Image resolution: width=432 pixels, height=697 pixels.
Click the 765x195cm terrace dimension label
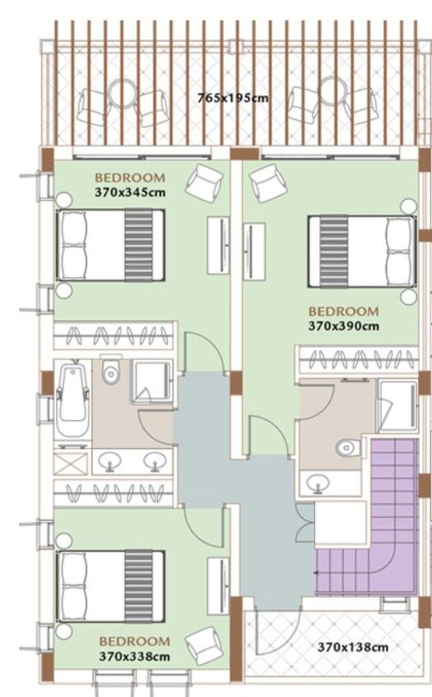coord(233,98)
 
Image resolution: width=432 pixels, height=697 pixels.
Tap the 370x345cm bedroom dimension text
coord(130,194)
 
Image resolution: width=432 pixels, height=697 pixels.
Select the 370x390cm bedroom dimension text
coord(343,326)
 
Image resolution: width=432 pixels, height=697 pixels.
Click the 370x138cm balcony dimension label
coord(353,646)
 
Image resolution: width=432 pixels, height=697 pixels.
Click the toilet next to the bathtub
coord(111,374)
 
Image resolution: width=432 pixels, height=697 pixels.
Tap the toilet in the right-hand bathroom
coord(347,448)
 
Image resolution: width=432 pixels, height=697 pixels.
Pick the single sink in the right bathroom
coord(315,483)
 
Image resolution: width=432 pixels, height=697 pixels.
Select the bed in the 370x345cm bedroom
coord(109,245)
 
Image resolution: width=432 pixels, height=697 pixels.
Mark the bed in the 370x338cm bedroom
coord(109,586)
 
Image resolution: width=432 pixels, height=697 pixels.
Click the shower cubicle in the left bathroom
coord(151,381)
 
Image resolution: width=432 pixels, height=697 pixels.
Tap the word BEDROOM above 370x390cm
coord(343,312)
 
